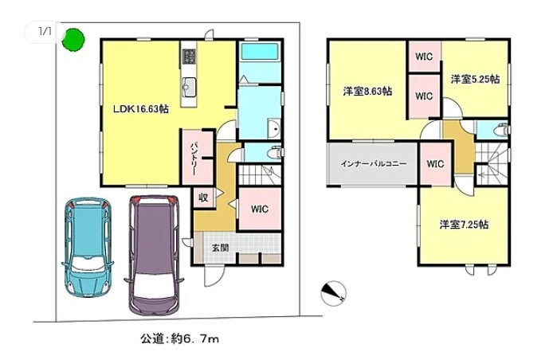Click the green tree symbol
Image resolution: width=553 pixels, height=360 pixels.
(x=73, y=40)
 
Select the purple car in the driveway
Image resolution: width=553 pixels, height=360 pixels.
(x=154, y=255)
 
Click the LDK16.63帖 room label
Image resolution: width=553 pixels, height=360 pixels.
(x=141, y=109)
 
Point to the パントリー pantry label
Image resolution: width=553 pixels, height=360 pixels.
(x=194, y=158)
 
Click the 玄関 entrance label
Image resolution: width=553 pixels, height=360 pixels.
(x=220, y=248)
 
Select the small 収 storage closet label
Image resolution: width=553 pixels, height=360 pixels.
(x=202, y=198)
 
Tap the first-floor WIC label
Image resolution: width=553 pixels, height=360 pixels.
(x=260, y=209)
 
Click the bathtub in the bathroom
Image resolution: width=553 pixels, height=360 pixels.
(x=260, y=52)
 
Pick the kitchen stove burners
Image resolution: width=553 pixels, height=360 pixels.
(x=189, y=57)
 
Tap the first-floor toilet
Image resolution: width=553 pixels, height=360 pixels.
(x=274, y=153)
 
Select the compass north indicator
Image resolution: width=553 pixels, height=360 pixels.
(x=333, y=293)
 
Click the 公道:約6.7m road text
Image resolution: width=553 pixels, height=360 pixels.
(x=179, y=338)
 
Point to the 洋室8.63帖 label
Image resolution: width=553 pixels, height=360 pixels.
(x=367, y=92)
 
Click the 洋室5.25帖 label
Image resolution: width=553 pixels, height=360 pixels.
(x=475, y=79)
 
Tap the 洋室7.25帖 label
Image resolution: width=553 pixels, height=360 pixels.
(x=464, y=225)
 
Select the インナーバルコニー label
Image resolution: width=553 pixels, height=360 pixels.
(x=374, y=163)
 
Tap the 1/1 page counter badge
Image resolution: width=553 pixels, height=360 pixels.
(x=45, y=32)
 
